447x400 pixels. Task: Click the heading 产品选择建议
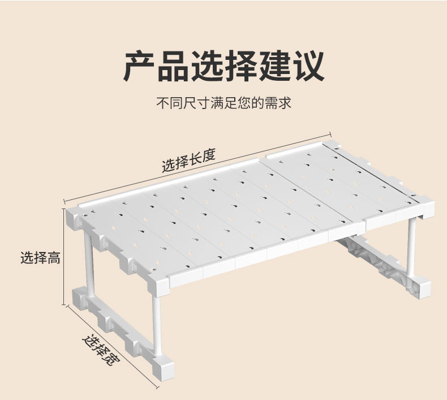tap(224, 67)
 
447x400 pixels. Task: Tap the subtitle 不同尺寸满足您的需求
tap(224, 104)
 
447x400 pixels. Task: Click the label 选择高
tap(40, 258)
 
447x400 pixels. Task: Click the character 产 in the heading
tap(140, 67)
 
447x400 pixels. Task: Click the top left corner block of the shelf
tap(74, 217)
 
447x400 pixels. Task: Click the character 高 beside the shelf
tap(54, 258)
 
